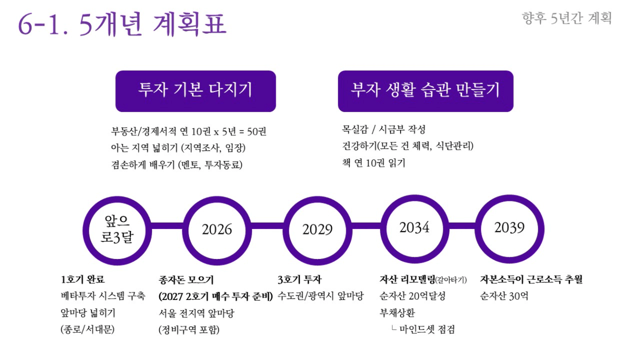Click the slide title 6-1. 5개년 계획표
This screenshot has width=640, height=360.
122,24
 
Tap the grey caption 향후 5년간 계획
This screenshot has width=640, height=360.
567,18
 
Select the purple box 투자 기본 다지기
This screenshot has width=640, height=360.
196,91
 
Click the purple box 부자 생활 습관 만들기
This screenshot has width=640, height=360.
426,91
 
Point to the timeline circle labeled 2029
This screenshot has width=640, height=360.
285,231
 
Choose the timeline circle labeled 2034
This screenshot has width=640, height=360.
383,229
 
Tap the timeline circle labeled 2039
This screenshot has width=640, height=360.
478,229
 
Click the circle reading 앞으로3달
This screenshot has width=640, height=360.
85,231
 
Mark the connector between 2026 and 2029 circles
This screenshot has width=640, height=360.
267,226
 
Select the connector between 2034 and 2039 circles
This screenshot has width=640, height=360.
462,226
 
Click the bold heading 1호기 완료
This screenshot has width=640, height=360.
83,279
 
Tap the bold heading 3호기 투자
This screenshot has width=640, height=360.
299,279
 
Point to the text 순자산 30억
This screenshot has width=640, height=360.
504,296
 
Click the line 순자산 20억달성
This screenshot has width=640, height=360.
413,296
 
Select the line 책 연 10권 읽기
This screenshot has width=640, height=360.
374,163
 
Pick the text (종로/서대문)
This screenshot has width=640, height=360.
87,329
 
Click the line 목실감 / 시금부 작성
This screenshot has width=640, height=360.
384,129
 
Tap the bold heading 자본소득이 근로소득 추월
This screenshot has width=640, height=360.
531,279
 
